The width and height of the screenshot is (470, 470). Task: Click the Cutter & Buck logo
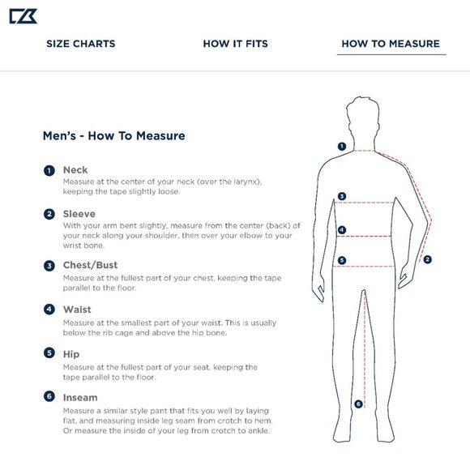pos(23,16)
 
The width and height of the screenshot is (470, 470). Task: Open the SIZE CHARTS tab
pos(81,44)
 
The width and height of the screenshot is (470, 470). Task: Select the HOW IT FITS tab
pos(235,44)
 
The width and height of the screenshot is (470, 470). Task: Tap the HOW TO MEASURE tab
pos(391,44)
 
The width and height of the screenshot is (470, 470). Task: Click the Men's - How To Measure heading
pos(114,136)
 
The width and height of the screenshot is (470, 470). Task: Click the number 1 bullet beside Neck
pos(49,170)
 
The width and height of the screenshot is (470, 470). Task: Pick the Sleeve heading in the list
pos(79,214)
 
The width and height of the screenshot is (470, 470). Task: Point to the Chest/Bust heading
pos(90,265)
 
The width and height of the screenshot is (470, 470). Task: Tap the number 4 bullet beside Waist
pos(49,309)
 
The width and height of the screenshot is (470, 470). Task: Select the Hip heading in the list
pos(71,354)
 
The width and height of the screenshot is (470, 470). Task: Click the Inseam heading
pos(80,397)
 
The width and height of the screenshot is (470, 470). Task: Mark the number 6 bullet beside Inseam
pos(49,396)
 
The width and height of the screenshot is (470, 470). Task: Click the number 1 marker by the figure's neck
pos(342,147)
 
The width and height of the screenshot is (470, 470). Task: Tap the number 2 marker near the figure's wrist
pos(427,259)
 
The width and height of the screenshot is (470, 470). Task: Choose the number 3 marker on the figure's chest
pos(342,196)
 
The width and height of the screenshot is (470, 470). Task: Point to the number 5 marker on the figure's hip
pos(342,260)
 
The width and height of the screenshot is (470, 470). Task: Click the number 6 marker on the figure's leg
pos(358,404)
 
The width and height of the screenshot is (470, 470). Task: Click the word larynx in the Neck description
pos(246,182)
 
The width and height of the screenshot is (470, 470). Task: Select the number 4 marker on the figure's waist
pos(342,230)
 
